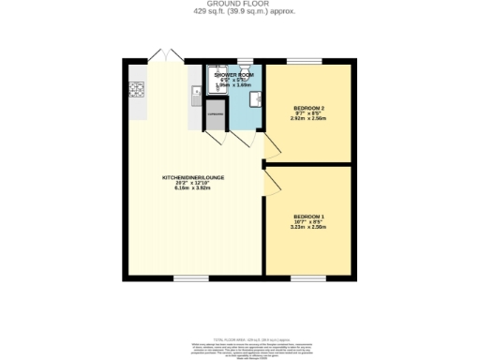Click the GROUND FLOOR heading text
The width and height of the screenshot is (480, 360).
tap(239, 4)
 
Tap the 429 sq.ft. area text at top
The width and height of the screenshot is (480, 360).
tap(239, 11)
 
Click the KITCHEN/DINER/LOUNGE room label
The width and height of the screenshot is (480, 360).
tap(193, 177)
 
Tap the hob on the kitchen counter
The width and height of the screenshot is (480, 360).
tap(136, 90)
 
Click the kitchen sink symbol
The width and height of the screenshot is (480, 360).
tap(194, 91)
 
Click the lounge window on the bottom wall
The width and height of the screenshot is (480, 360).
tap(189, 278)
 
